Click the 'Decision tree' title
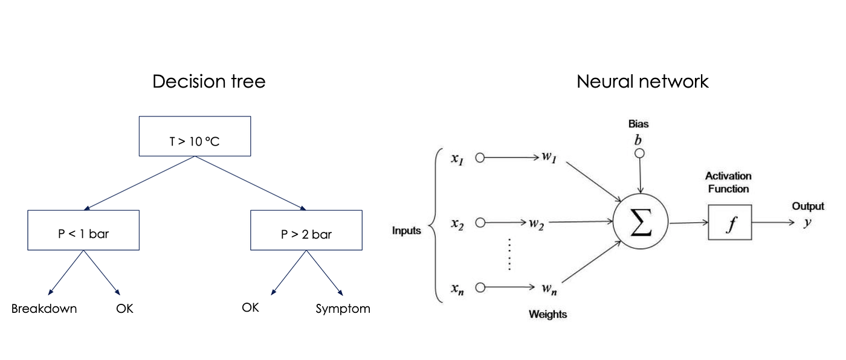208,82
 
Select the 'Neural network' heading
642,82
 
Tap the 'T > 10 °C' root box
195,142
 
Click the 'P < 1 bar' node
83,234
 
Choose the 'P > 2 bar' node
306,234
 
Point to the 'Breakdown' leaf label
44,309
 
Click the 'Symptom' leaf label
343,309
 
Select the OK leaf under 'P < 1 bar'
124,309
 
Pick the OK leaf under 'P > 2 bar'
250,307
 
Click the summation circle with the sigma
641,223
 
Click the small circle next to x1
480,158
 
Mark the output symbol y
807,222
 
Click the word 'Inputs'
407,231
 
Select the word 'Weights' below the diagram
547,314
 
